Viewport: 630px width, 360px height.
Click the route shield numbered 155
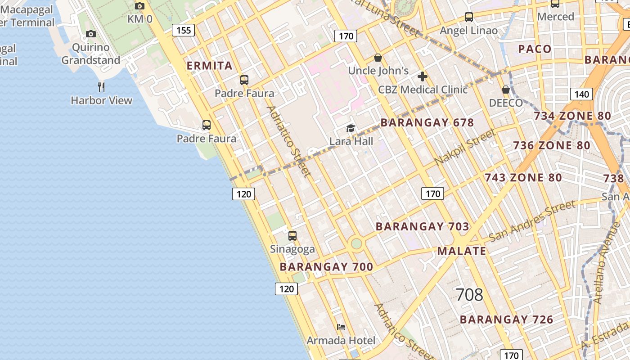coord(184,30)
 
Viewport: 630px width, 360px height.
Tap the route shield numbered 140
coord(581,94)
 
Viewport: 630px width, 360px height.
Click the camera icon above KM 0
coord(140,6)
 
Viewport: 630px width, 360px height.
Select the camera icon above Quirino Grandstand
coord(91,34)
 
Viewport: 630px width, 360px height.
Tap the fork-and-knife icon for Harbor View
coord(101,87)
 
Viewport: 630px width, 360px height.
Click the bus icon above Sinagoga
coord(292,235)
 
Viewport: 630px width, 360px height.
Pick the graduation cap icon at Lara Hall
coord(351,128)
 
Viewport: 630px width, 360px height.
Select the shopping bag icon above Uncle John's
coord(378,58)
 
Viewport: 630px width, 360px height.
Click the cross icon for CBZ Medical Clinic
coord(422,76)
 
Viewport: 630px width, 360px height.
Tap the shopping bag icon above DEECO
coord(506,90)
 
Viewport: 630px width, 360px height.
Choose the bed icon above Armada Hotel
coord(341,327)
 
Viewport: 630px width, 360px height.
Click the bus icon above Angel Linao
coord(469,17)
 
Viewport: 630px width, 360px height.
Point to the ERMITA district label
coord(210,66)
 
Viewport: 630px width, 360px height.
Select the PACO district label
coord(535,49)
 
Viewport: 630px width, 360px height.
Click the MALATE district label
coord(462,251)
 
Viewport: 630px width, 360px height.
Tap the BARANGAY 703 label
coord(423,226)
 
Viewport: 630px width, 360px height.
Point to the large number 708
coord(469,295)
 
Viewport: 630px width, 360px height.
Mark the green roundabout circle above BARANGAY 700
coord(356,243)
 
